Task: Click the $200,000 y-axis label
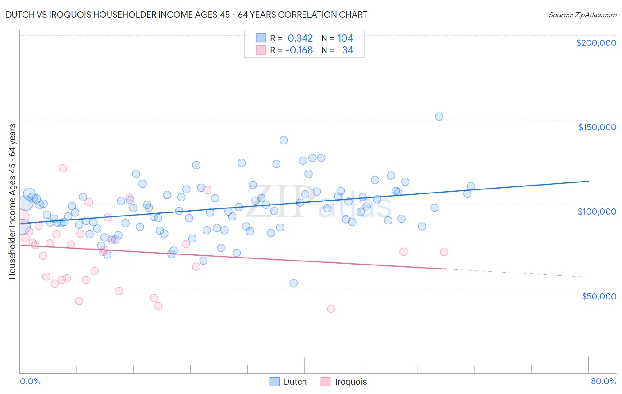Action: coord(596,43)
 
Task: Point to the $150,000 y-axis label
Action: coord(597,127)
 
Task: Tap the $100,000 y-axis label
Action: coord(597,212)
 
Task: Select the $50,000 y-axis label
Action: coord(599,296)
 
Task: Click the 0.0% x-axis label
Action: coord(30,381)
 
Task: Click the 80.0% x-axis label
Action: coord(603,381)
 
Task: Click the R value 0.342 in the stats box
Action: coord(300,38)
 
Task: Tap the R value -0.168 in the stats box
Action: coord(299,50)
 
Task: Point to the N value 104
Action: coord(345,38)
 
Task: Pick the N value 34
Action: coord(347,50)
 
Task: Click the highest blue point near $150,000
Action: coord(439,117)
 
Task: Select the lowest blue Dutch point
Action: coord(293,283)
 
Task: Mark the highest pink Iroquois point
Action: coord(63,168)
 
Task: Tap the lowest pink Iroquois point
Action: coord(331,309)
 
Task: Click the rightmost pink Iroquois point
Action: coord(444,252)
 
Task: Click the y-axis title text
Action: coord(12,201)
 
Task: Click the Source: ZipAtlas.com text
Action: coord(582,15)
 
